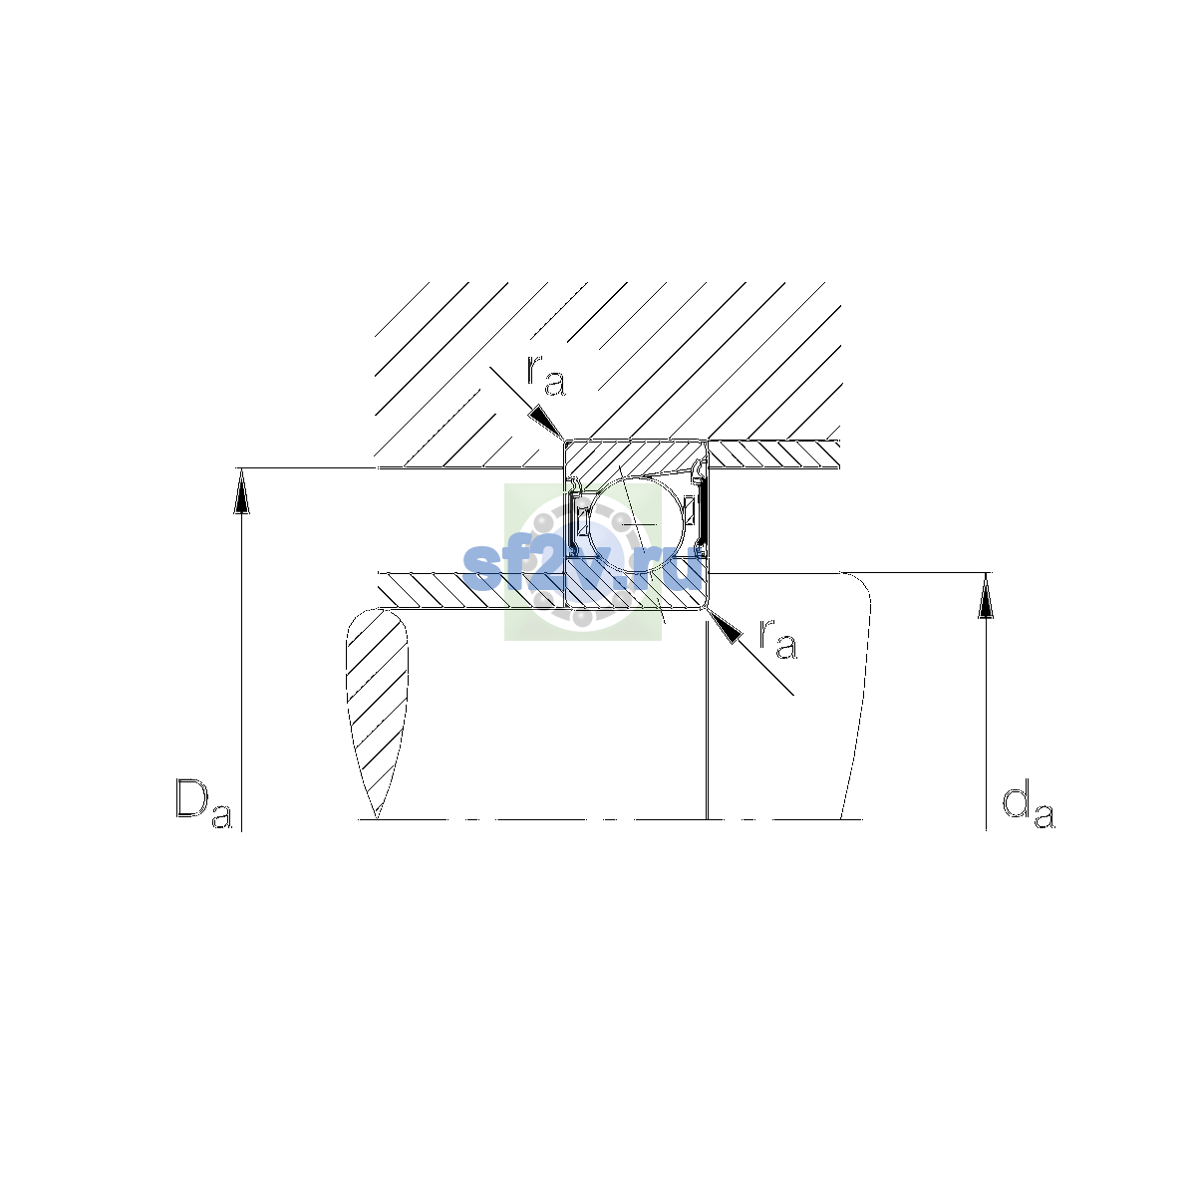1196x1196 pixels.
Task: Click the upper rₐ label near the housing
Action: [546, 376]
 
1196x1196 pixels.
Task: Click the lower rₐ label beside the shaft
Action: [778, 639]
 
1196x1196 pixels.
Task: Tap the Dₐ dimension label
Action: [203, 803]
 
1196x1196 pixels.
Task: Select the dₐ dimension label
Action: [1028, 806]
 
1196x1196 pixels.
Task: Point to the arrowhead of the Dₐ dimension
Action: [241, 491]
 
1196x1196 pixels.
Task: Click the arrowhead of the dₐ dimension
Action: [986, 596]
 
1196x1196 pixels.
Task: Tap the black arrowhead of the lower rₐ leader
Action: [725, 625]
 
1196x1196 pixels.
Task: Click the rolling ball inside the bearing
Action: [637, 524]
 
